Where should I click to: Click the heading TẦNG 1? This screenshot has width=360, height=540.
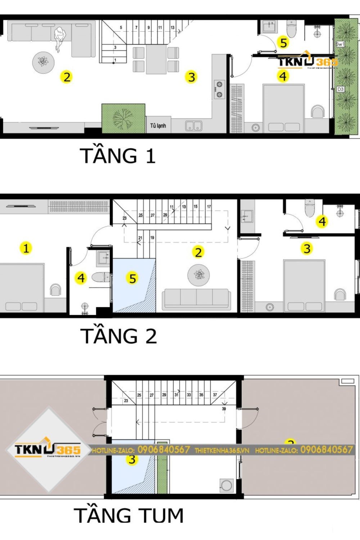(118, 156)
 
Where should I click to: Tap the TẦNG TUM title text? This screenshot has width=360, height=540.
(129, 515)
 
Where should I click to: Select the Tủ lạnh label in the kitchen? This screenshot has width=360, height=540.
(158, 126)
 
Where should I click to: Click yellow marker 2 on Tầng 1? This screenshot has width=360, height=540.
(67, 77)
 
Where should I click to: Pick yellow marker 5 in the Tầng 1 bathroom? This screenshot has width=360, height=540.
(284, 43)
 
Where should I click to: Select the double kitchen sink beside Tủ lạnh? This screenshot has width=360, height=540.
(194, 126)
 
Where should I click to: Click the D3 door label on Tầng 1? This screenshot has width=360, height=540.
(340, 89)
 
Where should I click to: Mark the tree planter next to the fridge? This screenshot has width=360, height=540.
(123, 118)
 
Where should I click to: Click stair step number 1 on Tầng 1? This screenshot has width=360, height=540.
(115, 60)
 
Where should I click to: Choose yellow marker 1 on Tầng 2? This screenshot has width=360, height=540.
(26, 248)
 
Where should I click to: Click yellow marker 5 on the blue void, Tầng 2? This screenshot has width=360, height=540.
(132, 278)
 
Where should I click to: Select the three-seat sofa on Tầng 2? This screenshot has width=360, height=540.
(197, 299)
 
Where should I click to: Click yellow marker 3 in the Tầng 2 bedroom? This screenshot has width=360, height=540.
(307, 248)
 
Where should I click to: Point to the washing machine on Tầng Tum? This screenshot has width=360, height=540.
(226, 485)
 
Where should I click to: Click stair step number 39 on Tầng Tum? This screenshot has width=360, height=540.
(224, 409)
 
